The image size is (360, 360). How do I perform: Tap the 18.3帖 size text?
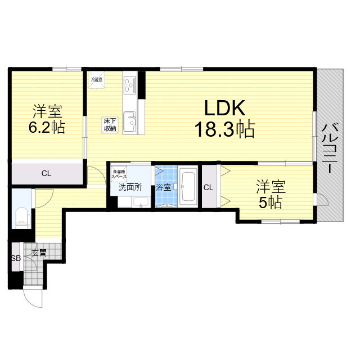(224, 130)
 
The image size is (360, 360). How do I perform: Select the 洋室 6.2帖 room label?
(47, 119)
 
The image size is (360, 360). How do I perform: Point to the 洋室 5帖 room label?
(270, 193)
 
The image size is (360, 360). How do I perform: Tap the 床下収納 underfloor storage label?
(109, 124)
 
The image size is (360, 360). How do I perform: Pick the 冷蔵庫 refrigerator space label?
(96, 80)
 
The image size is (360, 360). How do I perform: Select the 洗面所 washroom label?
(129, 187)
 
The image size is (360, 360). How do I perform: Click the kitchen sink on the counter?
(130, 120)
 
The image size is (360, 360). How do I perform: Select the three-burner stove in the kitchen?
(130, 85)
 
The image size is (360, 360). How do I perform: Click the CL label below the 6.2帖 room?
(46, 174)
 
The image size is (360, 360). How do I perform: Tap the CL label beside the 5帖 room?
(208, 187)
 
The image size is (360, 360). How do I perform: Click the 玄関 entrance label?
(39, 253)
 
